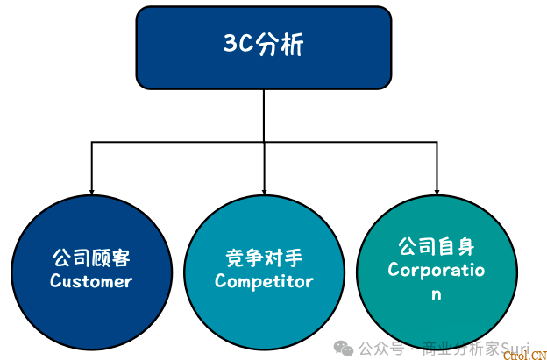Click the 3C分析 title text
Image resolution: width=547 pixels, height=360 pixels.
[264, 46]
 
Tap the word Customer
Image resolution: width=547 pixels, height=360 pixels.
[91, 281]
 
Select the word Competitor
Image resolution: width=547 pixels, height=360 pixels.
[264, 281]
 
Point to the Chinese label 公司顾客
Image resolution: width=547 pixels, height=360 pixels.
[91, 258]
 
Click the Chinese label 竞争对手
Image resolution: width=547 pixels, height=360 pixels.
[264, 258]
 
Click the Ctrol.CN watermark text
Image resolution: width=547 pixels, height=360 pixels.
[524, 353]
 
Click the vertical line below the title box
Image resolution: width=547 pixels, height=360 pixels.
[264, 114]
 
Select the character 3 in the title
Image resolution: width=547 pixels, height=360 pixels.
[229, 46]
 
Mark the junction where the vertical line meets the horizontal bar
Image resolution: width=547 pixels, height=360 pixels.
[264, 140]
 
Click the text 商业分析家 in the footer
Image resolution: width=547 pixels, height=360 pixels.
[460, 349]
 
